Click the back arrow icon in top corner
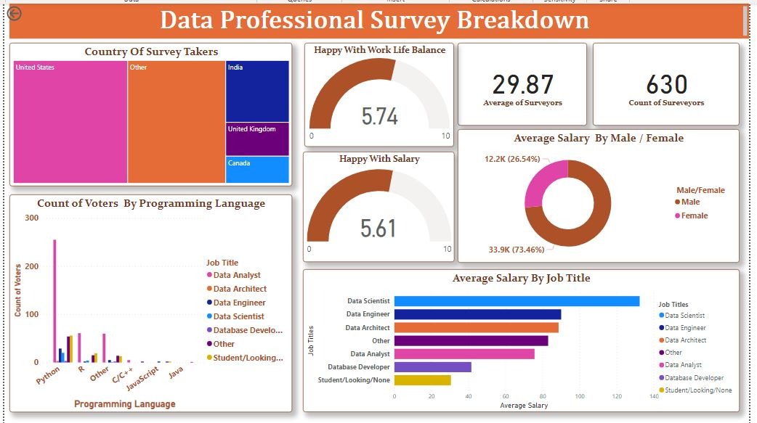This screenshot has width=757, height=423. [14, 13]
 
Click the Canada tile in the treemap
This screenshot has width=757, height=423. [257, 169]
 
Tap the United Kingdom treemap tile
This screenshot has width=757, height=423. [257, 139]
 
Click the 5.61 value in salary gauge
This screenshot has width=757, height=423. [378, 228]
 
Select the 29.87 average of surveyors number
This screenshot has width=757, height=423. [522, 84]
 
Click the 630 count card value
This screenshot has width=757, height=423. [666, 84]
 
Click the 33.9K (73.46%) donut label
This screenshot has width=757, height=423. [517, 250]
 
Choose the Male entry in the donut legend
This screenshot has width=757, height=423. [690, 202]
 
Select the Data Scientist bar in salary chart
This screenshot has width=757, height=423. [517, 301]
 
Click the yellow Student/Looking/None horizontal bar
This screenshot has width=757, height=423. [422, 380]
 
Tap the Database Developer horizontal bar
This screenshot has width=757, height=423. [432, 367]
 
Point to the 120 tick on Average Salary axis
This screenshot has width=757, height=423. [617, 397]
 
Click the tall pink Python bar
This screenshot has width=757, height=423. [54, 300]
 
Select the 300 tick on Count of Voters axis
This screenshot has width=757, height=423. [31, 218]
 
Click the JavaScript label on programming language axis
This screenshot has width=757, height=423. [142, 379]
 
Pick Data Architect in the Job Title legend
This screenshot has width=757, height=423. [240, 289]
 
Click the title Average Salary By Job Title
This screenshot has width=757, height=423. [521, 278]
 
